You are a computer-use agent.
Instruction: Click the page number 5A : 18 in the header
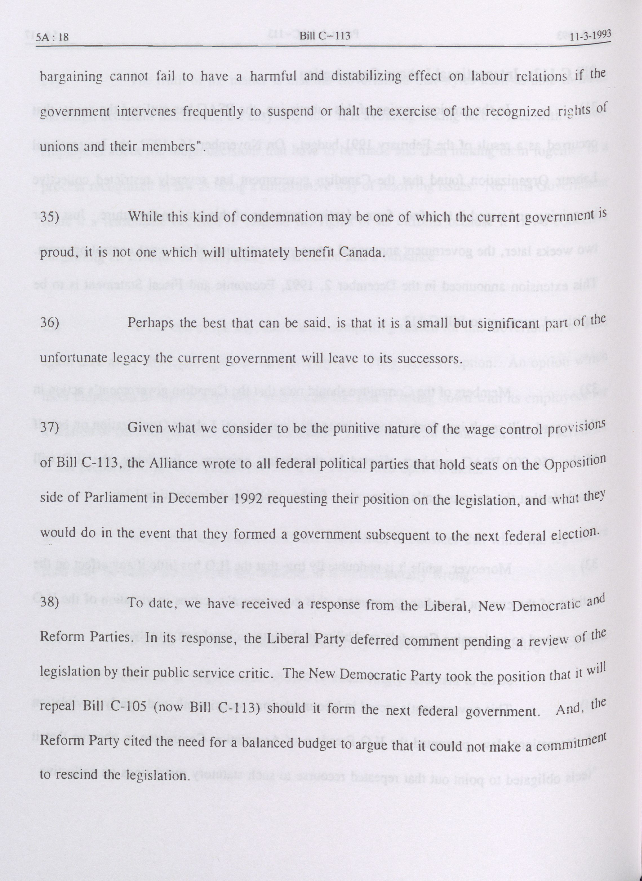coord(52,37)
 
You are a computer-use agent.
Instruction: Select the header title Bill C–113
coord(325,36)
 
